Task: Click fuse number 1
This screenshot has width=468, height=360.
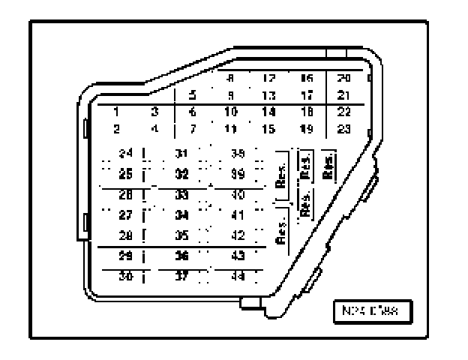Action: pyautogui.click(x=117, y=112)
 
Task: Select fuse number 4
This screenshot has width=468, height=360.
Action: pyautogui.click(x=154, y=128)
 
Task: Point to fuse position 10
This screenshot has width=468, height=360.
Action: pyautogui.click(x=232, y=112)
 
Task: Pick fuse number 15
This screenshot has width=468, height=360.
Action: pyautogui.click(x=268, y=128)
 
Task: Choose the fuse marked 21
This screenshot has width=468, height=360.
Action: pyautogui.click(x=343, y=95)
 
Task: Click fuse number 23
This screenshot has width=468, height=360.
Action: pyautogui.click(x=343, y=128)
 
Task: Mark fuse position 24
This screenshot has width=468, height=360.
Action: pyautogui.click(x=126, y=153)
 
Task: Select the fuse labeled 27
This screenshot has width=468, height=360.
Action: pyautogui.click(x=126, y=213)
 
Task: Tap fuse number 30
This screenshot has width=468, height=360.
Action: pyautogui.click(x=126, y=274)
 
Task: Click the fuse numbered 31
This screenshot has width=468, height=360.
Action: pyautogui.click(x=181, y=153)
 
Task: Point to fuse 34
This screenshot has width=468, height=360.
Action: pyautogui.click(x=181, y=213)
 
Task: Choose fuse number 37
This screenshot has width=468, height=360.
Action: pyautogui.click(x=181, y=274)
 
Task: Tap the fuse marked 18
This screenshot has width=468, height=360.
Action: pyautogui.click(x=306, y=112)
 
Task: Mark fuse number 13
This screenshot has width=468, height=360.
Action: pyautogui.click(x=268, y=95)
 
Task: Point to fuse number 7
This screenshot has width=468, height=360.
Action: pyautogui.click(x=193, y=128)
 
